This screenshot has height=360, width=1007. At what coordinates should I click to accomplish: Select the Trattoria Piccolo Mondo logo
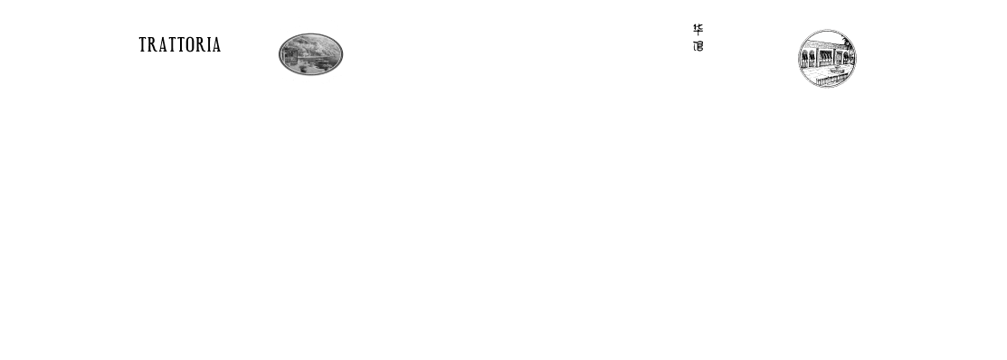pos(180,52)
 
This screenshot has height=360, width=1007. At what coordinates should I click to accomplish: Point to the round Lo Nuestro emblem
pos(824,52)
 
